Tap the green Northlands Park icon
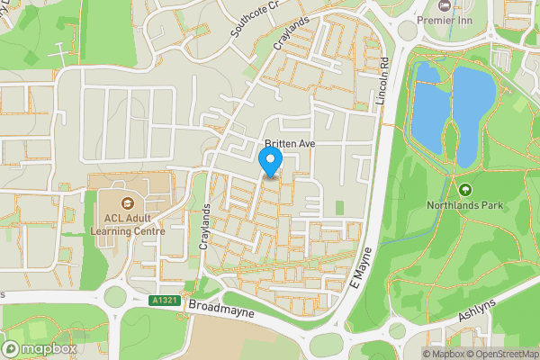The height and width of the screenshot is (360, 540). (x=464, y=189)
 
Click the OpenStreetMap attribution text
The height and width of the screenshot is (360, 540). (x=500, y=353)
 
